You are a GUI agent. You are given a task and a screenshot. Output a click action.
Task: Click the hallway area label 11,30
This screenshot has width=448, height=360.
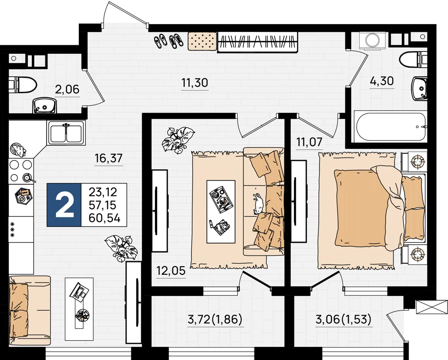pyautogui.click(x=195, y=83)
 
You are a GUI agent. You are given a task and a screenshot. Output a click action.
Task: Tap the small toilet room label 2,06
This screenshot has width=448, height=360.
pyautogui.click(x=67, y=90)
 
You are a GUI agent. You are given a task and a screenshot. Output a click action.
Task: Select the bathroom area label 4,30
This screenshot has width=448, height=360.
pyautogui.click(x=382, y=81)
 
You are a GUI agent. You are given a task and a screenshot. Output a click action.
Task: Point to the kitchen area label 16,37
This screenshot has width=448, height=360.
pyautogui.click(x=109, y=158)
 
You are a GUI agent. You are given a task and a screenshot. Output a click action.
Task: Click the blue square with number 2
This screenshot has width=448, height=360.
pyautogui.click(x=64, y=205)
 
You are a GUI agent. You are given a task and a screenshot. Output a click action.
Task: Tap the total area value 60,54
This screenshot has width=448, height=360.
pyautogui.click(x=104, y=218)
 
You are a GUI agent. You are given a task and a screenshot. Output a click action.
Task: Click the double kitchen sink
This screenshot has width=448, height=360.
pyautogui.click(x=66, y=132)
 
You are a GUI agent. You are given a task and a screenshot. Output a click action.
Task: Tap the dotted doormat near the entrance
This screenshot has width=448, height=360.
pyautogui.click(x=202, y=42)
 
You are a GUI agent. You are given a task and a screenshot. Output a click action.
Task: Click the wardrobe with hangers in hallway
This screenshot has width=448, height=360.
pyautogui.click(x=258, y=42)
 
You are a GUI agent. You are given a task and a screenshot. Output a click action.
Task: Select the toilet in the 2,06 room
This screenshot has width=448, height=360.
pyautogui.click(x=22, y=85)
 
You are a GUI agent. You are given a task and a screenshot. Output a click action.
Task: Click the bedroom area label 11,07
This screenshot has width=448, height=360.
pyautogui.click(x=310, y=142)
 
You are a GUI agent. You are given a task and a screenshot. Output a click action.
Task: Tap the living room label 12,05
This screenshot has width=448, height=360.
pyautogui.click(x=171, y=270)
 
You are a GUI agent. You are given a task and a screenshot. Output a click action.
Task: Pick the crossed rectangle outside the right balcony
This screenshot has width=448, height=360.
pyautogui.click(x=432, y=308)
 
